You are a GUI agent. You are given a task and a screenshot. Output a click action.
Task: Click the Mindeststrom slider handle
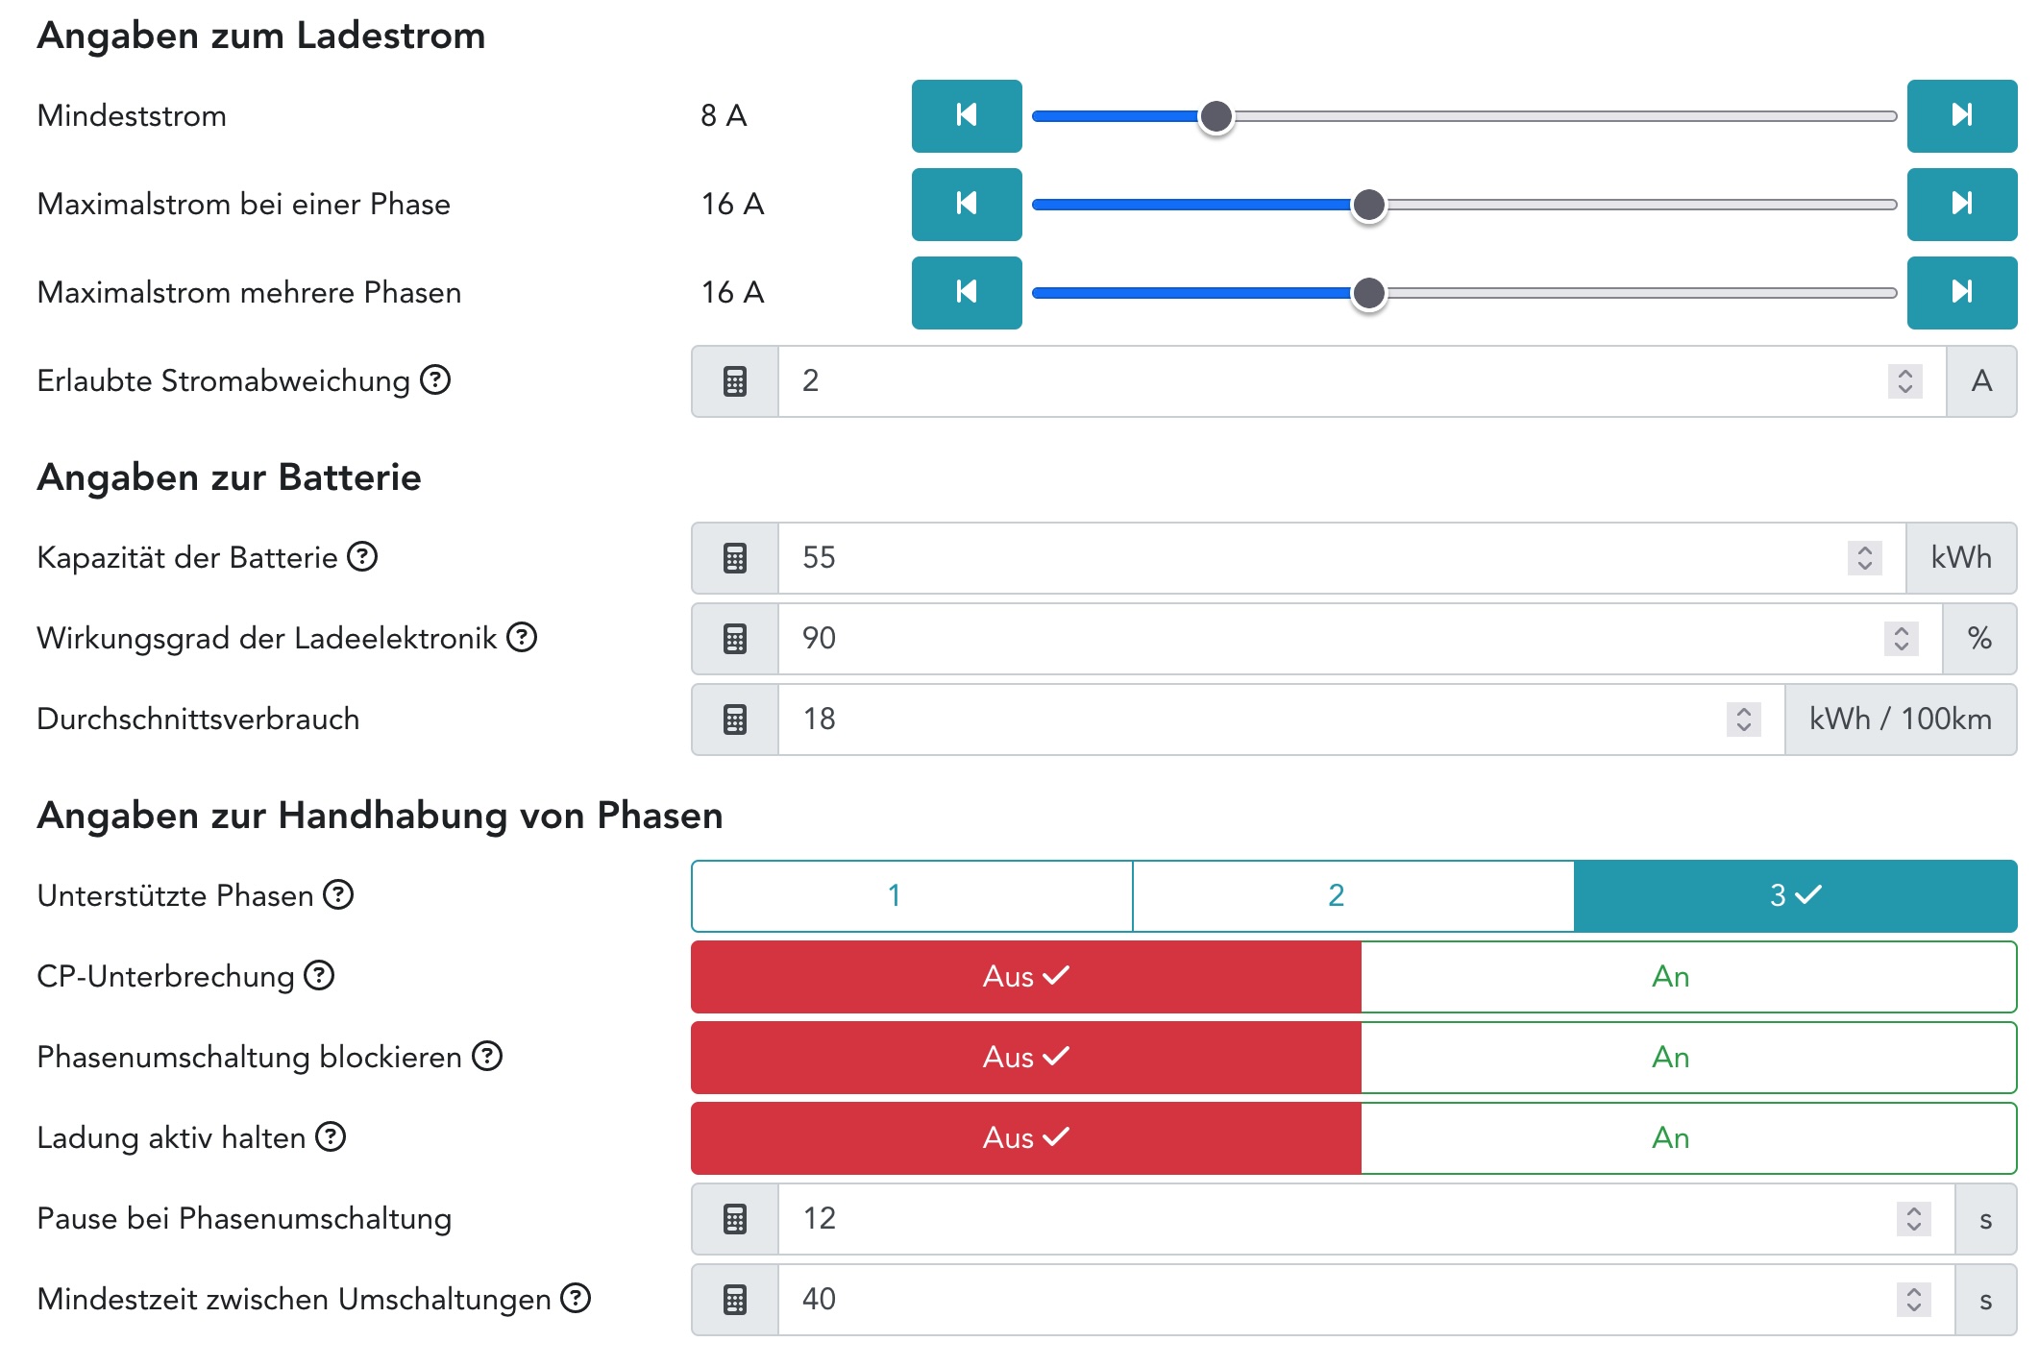(1216, 116)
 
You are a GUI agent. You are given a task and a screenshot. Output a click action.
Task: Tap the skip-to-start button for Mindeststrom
(966, 116)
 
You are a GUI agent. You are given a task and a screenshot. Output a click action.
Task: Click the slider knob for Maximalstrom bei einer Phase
(1368, 205)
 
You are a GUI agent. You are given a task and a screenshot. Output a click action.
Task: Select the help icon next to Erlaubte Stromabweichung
(435, 380)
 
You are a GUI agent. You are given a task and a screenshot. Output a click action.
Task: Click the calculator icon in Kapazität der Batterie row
(735, 558)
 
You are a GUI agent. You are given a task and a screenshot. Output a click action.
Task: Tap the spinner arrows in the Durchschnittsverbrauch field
(1743, 720)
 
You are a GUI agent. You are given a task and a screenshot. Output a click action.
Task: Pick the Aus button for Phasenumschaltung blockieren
(1025, 1058)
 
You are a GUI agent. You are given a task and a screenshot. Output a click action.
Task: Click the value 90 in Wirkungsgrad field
(820, 639)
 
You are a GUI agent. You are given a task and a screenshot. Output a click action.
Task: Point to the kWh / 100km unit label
(1900, 720)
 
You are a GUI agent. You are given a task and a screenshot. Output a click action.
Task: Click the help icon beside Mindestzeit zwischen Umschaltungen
(576, 1299)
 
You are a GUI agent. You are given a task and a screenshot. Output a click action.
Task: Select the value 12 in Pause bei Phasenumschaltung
(820, 1219)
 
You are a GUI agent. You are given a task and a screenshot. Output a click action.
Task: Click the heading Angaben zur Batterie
(229, 477)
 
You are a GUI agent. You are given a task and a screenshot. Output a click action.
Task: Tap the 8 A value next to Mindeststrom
(724, 116)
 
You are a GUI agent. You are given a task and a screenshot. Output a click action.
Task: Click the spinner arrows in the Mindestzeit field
(1913, 1300)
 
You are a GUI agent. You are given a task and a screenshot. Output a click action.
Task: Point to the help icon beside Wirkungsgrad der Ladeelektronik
(522, 638)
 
